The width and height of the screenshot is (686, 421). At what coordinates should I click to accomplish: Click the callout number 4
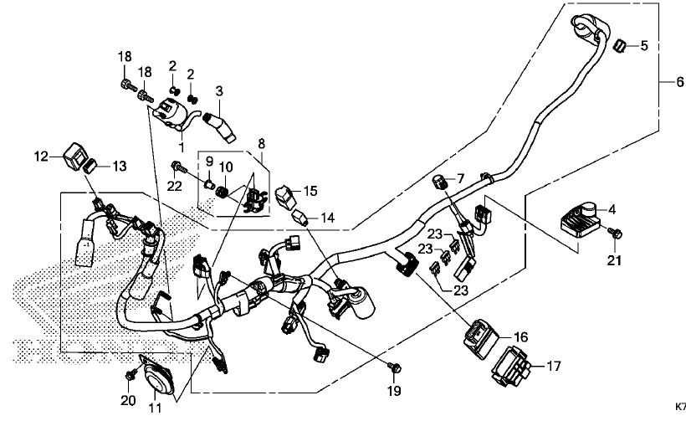(613, 208)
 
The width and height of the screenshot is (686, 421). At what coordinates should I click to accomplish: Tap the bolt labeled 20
(131, 372)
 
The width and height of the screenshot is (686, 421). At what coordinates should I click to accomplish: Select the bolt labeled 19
(397, 366)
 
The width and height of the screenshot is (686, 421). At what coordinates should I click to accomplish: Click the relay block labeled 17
(513, 365)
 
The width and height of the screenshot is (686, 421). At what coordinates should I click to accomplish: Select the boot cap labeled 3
(223, 130)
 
